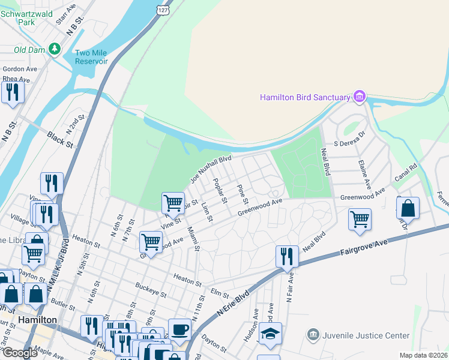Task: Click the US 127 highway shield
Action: [x=162, y=10]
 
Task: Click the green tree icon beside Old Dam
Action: [x=55, y=48]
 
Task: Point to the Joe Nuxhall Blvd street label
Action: [x=211, y=170]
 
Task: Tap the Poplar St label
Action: [x=220, y=191]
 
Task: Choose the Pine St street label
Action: [x=242, y=192]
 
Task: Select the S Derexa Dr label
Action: [x=350, y=143]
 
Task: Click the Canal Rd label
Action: [x=406, y=172]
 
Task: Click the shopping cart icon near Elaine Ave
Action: [x=360, y=220]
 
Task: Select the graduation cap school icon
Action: [x=270, y=333]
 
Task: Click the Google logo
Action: [x=19, y=353]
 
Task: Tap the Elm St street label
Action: [x=221, y=294]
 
